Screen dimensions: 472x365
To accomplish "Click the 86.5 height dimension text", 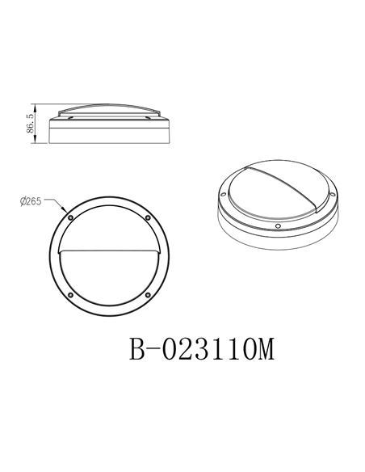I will (30, 124).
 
